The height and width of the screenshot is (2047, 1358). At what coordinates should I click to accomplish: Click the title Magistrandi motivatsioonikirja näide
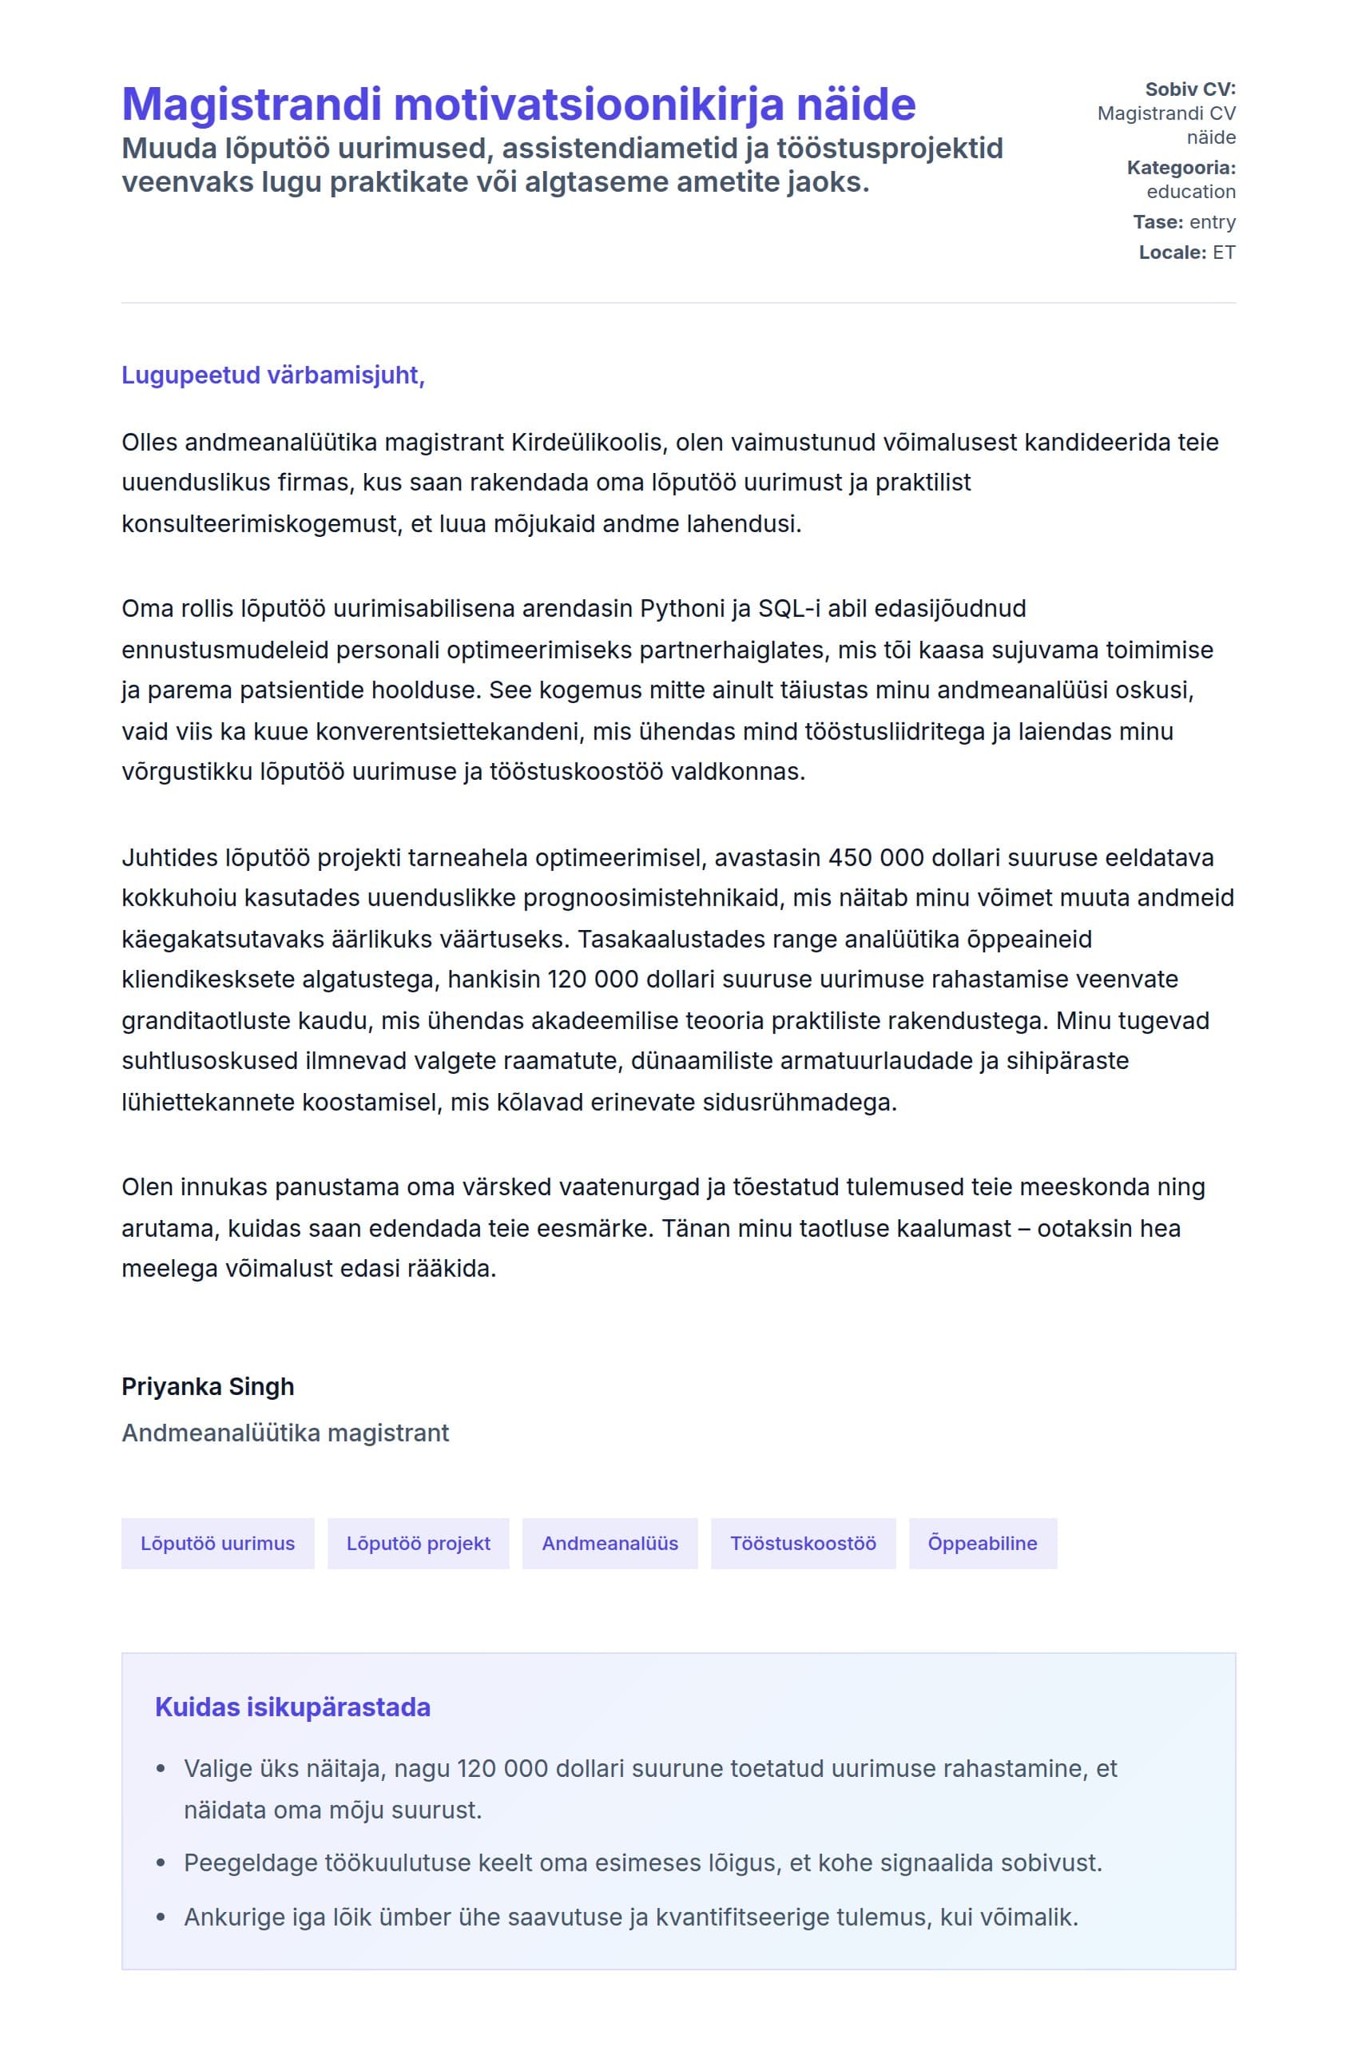point(518,105)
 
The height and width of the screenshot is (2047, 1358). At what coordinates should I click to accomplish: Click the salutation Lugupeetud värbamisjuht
point(273,375)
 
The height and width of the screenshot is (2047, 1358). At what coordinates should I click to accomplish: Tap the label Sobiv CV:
point(1189,89)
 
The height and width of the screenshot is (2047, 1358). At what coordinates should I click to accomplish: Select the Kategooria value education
point(1190,192)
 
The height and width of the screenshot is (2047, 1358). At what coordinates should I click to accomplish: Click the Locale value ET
point(1223,252)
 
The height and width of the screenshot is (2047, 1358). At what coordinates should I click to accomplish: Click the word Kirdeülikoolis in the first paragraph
point(586,442)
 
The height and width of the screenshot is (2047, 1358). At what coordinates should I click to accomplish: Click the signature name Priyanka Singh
point(208,1387)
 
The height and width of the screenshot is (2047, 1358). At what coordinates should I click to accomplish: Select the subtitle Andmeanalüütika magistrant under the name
point(285,1433)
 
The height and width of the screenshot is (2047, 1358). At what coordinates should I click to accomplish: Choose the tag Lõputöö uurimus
point(217,1543)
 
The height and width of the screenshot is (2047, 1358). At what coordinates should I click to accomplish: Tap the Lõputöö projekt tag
point(419,1543)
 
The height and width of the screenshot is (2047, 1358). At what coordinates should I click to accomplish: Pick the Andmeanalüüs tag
point(610,1543)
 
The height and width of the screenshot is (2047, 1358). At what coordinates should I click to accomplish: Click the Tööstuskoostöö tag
point(803,1543)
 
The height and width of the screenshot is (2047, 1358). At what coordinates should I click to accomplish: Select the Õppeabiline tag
point(982,1543)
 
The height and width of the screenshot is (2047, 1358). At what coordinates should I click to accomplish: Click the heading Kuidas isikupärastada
point(292,1707)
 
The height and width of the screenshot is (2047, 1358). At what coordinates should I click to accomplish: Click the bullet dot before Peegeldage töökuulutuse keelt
point(161,1862)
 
